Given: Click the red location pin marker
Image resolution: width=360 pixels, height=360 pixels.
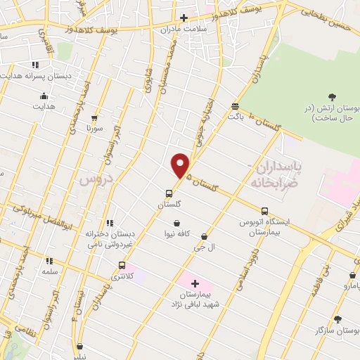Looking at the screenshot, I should tap(181, 165).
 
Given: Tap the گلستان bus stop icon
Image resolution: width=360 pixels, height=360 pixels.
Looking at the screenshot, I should tap(169, 193).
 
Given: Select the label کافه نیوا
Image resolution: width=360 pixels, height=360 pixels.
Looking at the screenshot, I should tap(179, 233).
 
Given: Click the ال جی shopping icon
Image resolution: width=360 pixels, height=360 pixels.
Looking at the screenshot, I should tap(204, 237).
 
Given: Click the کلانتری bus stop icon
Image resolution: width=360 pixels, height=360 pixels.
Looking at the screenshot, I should tap(122, 266).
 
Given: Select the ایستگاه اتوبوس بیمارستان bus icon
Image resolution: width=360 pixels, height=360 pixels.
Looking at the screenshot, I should tap(264, 210).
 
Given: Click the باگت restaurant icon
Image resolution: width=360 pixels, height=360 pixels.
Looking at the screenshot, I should tap(234, 106).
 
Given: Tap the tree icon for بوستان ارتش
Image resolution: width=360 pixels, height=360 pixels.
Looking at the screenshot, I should tap(331, 96).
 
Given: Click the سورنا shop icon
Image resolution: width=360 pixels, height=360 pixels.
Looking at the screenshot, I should tap(94, 118).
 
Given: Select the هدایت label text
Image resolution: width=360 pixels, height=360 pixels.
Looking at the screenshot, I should tap(43, 106).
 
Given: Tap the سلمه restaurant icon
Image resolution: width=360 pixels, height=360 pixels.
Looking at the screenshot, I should tap(49, 260).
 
